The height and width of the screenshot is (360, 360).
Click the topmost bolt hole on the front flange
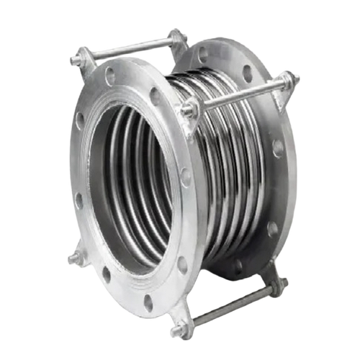pos(109,73)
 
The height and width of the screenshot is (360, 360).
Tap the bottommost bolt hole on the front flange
pos(148,303)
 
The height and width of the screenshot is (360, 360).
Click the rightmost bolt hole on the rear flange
pos(278,148)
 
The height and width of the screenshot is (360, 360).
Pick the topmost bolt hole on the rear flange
pos(203,53)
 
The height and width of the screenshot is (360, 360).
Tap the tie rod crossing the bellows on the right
pos(238,94)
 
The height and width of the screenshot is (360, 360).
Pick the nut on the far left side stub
pos(73,257)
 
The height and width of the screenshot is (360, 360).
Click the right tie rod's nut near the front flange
pos(189,109)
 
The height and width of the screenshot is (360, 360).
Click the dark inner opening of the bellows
pos(133,180)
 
